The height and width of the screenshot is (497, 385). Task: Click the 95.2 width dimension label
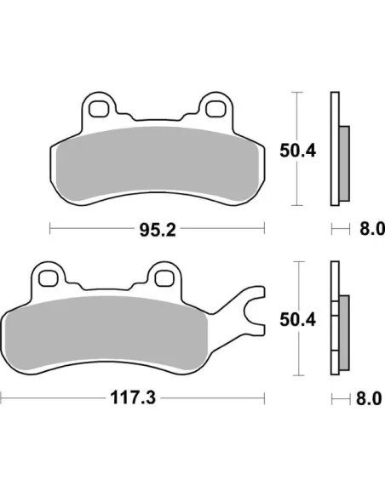158,230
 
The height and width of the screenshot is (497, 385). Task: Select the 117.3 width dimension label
133,397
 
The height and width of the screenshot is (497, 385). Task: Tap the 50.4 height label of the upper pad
298,151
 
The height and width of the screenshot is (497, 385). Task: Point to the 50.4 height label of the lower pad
298,319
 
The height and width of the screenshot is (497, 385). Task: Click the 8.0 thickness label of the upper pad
371,229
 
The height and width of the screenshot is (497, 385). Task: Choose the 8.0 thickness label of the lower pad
369,398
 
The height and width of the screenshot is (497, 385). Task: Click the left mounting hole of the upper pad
98,109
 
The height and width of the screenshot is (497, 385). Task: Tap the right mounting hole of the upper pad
215,109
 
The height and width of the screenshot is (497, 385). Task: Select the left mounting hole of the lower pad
48,278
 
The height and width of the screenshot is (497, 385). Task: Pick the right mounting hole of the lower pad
164,278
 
